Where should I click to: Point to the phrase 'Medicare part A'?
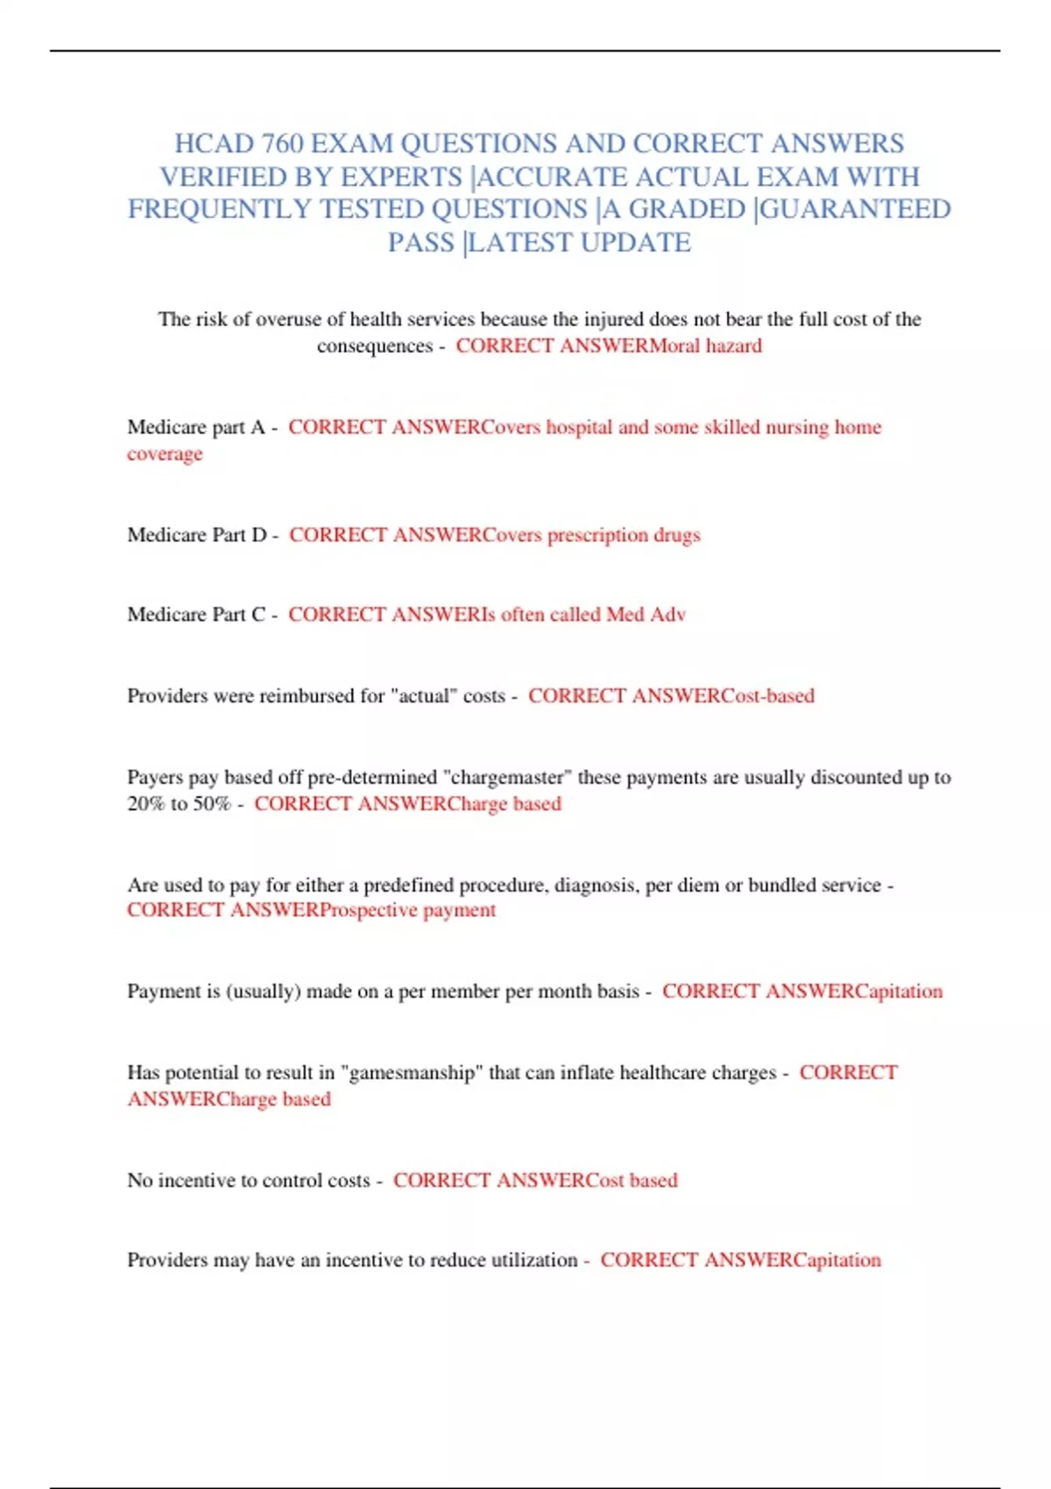[196, 427]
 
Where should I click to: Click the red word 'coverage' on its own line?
[165, 454]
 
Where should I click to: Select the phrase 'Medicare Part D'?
[197, 535]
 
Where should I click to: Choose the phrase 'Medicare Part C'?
[196, 615]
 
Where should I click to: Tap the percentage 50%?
[213, 804]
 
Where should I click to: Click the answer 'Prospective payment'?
[408, 911]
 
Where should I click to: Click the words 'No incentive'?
[191, 1181]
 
